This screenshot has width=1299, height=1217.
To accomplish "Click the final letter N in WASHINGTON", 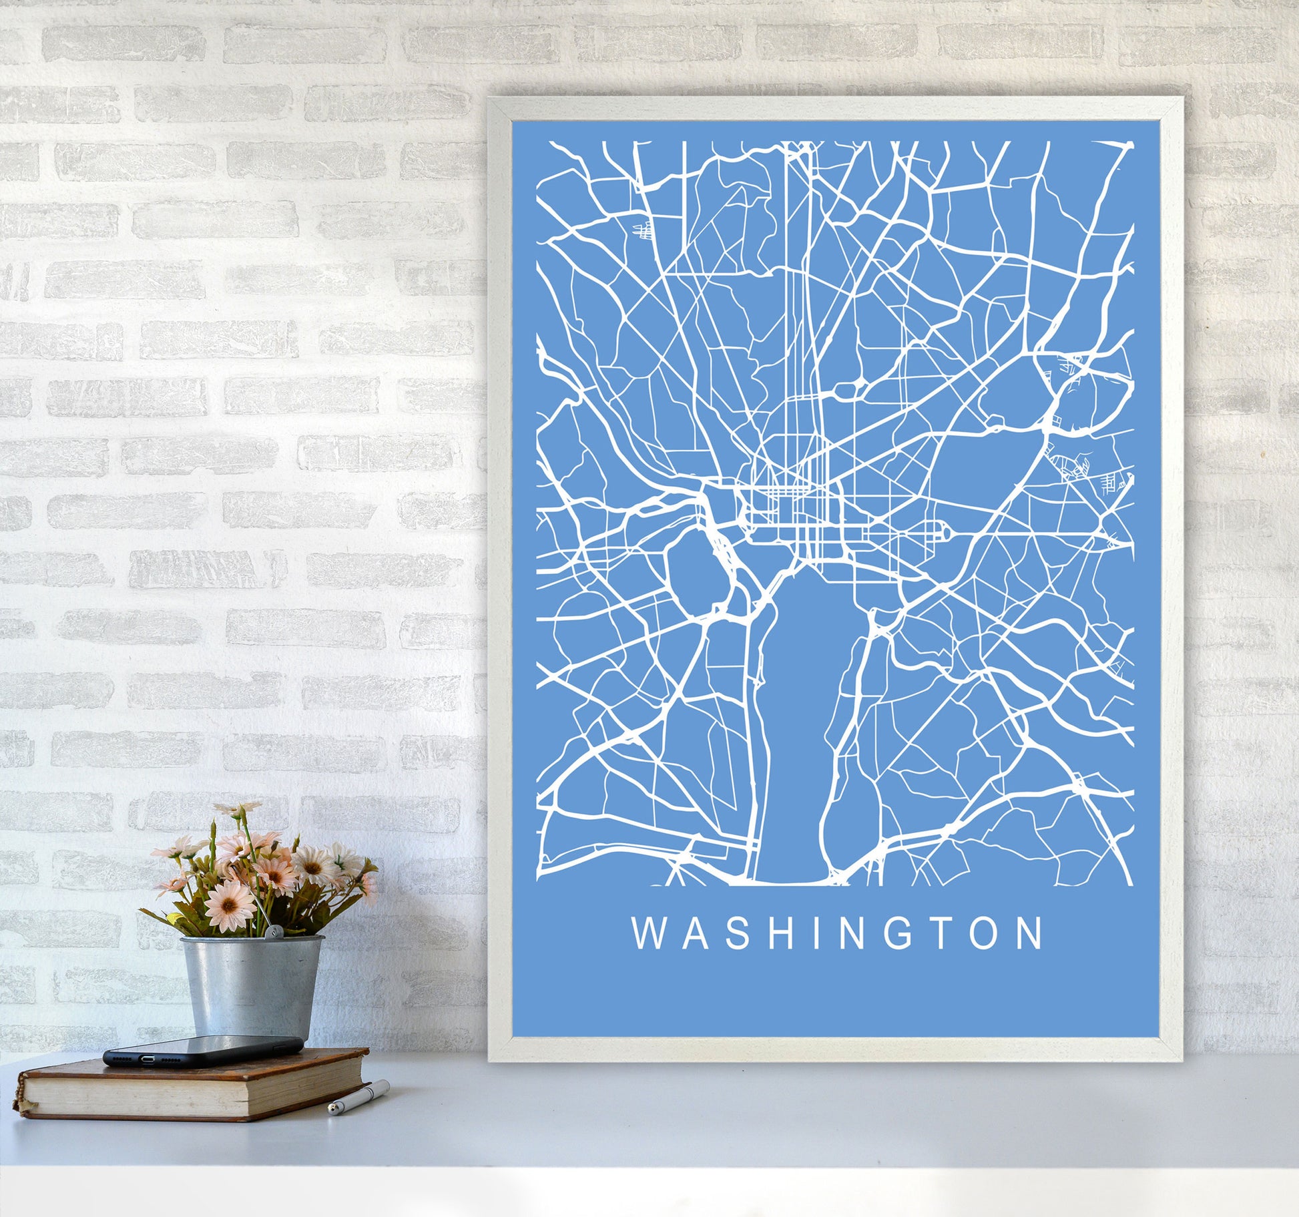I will pos(1029,934).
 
